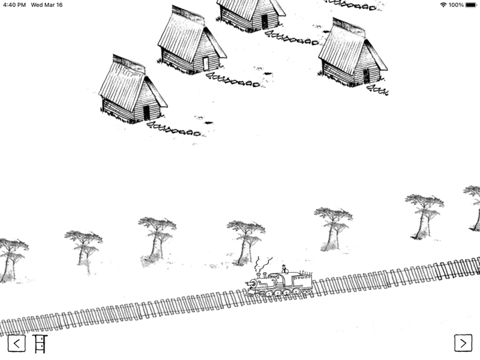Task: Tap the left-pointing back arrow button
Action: [16, 343]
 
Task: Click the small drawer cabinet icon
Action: [40, 344]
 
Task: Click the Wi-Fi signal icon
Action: [443, 5]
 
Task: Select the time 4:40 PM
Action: [14, 5]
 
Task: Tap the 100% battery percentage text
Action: [456, 5]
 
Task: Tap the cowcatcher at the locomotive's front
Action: [249, 291]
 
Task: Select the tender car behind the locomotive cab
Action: [302, 282]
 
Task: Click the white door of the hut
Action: [205, 63]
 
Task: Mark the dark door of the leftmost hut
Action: [146, 112]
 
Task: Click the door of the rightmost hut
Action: [366, 75]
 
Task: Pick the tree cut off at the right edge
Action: [475, 206]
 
